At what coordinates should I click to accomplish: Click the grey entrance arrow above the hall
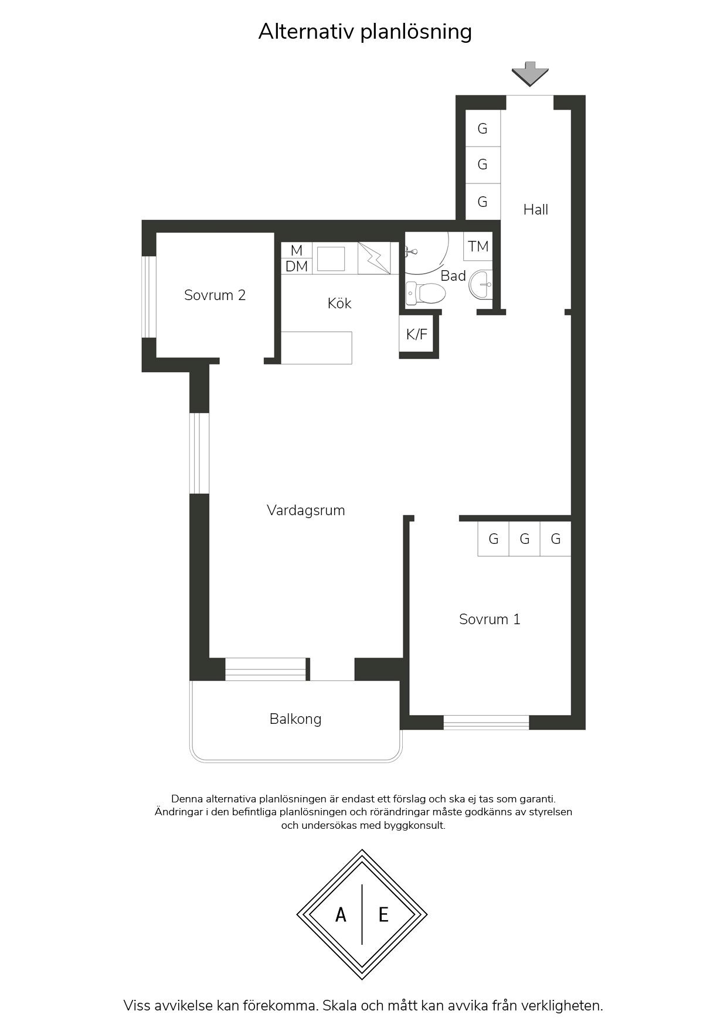click(530, 74)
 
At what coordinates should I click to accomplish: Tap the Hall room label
click(536, 209)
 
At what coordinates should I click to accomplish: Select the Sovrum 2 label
click(215, 295)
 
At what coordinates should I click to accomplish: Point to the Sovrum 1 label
click(490, 619)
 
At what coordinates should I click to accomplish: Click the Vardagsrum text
click(305, 510)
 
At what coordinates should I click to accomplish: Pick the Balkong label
click(295, 719)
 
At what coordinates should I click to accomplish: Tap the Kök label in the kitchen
click(339, 303)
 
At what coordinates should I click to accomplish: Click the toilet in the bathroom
click(426, 292)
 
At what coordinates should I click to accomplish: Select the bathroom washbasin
click(481, 285)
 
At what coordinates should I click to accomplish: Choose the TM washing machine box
click(478, 246)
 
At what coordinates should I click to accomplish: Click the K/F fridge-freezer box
click(417, 335)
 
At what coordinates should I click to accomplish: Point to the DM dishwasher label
click(297, 266)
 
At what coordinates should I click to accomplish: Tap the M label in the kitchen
click(297, 250)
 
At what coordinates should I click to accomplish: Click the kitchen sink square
click(331, 258)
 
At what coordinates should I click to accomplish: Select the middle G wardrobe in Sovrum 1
click(525, 539)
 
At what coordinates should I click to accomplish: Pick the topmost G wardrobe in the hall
click(483, 128)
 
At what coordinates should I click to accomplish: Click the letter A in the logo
click(341, 914)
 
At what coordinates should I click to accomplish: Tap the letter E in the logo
click(383, 914)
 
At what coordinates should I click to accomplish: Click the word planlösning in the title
click(416, 32)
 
